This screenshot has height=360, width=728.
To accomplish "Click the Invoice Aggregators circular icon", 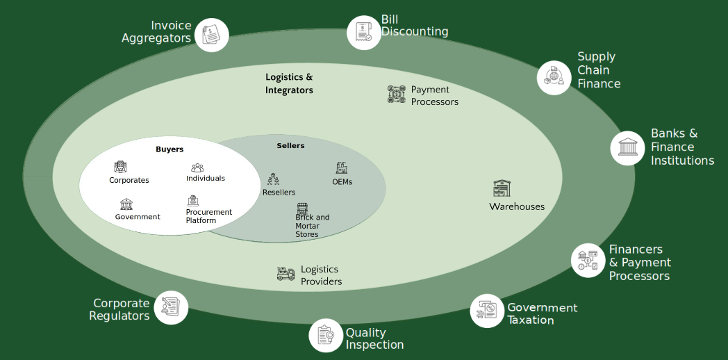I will point(211,35).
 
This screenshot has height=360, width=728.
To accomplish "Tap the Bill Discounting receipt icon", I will point(364,32).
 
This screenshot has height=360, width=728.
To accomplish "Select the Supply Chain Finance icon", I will point(554,77).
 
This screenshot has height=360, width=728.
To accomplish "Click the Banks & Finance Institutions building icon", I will point(627,148).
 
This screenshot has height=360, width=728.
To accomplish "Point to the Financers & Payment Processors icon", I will point(588,261).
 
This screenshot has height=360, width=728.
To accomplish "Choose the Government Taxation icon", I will point(487,311).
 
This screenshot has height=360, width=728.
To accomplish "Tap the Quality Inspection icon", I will point(326,335).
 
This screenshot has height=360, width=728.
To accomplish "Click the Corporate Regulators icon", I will point(171,307).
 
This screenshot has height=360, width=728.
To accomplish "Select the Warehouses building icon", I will point(502,188).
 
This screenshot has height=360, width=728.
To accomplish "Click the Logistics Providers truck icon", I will point(286,274).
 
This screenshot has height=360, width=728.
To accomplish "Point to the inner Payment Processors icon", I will point(396,95).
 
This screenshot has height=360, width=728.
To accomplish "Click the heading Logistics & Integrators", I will point(289,83).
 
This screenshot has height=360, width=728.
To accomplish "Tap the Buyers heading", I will point(169,149).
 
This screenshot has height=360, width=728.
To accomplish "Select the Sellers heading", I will point(290,145).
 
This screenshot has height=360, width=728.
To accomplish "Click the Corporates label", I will point(129,180).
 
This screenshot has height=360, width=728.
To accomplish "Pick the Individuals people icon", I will point(197,167).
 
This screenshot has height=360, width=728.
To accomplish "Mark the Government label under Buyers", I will point(138,217).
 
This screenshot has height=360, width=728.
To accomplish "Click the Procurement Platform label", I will point(208,216).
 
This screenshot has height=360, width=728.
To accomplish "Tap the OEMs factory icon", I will point(342,168).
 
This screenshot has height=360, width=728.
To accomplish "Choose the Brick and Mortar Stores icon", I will point(302,207).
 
